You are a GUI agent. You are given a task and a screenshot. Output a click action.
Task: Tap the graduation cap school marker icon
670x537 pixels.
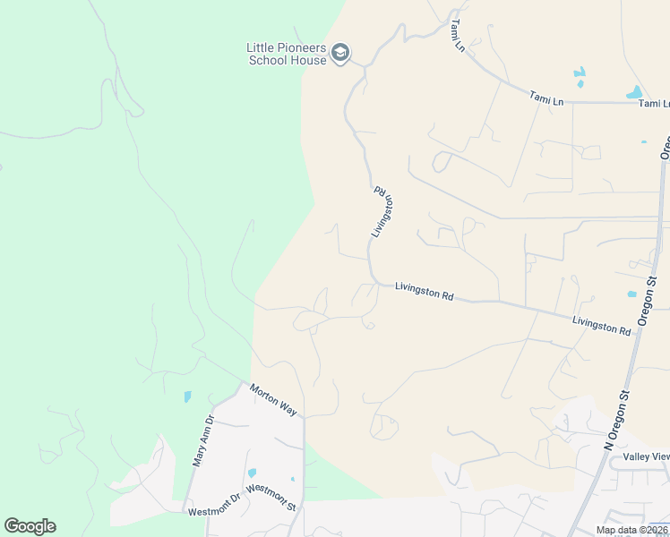pyautogui.click(x=339, y=53)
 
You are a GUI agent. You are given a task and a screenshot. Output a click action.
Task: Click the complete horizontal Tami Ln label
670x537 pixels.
pyautogui.click(x=546, y=98)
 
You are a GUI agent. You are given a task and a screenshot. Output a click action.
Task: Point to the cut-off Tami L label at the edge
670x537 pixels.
pyautogui.click(x=654, y=104)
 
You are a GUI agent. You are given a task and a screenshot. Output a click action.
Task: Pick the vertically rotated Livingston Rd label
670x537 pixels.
pyautogui.click(x=382, y=211)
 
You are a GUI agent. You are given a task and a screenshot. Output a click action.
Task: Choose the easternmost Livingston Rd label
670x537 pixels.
pyautogui.click(x=601, y=325)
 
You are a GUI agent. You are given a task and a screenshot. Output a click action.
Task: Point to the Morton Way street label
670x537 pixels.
pyautogui.click(x=273, y=398)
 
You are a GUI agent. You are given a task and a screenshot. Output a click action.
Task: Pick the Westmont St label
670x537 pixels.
pyautogui.click(x=271, y=498)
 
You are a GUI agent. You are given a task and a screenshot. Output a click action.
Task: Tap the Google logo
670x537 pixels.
pyautogui.click(x=30, y=526)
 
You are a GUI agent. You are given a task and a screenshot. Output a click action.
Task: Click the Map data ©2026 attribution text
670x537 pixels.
pyautogui.click(x=632, y=530)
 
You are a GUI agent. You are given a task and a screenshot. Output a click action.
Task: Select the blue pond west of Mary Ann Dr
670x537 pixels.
pyautogui.click(x=187, y=396)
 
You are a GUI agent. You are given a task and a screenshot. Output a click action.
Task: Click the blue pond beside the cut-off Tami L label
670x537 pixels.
pyautogui.click(x=634, y=92)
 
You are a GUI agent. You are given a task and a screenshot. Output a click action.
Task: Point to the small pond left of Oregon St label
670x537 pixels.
pyautogui.click(x=631, y=294)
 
